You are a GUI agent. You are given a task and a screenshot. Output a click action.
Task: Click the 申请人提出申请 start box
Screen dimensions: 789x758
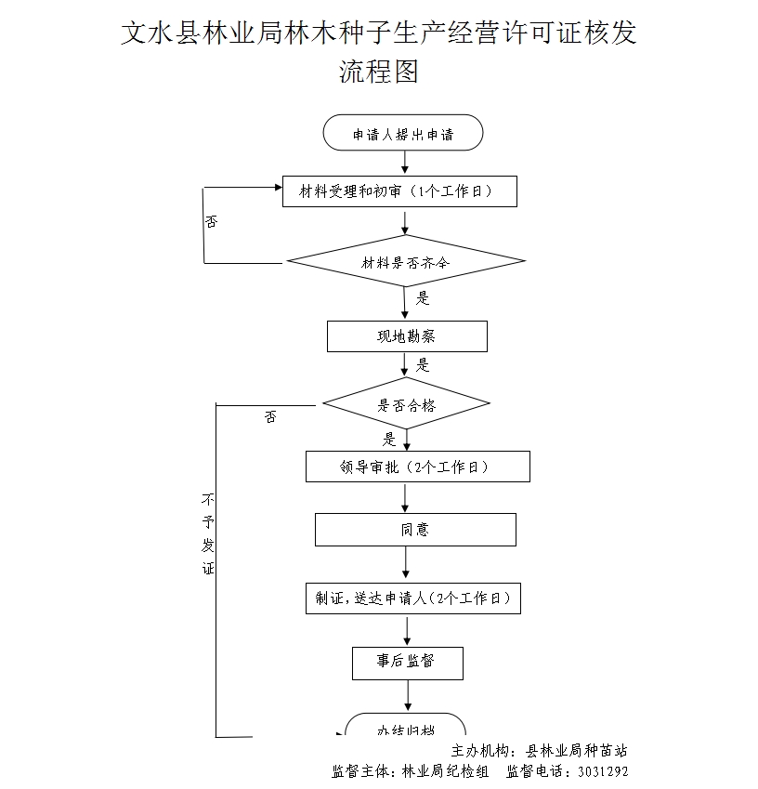point(403,134)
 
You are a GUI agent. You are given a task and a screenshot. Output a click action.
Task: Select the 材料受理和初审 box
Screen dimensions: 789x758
point(399,192)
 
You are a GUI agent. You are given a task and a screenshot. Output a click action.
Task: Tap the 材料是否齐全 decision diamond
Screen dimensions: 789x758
point(405,263)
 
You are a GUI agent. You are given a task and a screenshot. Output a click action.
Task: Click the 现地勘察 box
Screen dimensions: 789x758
point(407,336)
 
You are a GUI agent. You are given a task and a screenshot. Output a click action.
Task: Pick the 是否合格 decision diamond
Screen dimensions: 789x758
point(406,405)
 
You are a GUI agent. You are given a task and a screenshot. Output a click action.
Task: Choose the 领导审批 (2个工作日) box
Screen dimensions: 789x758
point(417,467)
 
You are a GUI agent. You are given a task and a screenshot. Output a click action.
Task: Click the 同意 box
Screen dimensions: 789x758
point(415,530)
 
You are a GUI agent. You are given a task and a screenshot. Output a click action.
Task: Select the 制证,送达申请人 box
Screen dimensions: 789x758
point(412,598)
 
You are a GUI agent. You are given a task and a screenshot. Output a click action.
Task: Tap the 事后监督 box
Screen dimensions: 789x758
point(407,662)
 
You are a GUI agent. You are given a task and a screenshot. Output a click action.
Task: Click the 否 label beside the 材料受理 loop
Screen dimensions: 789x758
point(212,222)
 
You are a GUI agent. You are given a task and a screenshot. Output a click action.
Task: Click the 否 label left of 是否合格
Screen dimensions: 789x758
point(269,417)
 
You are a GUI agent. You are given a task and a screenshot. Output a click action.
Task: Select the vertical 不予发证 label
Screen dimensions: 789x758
point(208,533)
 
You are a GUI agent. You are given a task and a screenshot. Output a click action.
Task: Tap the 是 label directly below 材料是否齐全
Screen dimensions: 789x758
point(423,298)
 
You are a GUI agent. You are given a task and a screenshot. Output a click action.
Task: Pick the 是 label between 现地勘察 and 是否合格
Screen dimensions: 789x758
point(423,365)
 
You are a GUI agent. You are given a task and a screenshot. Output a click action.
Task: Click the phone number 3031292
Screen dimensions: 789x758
point(603,771)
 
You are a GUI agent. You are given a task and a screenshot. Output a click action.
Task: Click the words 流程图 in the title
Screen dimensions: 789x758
point(379,72)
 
